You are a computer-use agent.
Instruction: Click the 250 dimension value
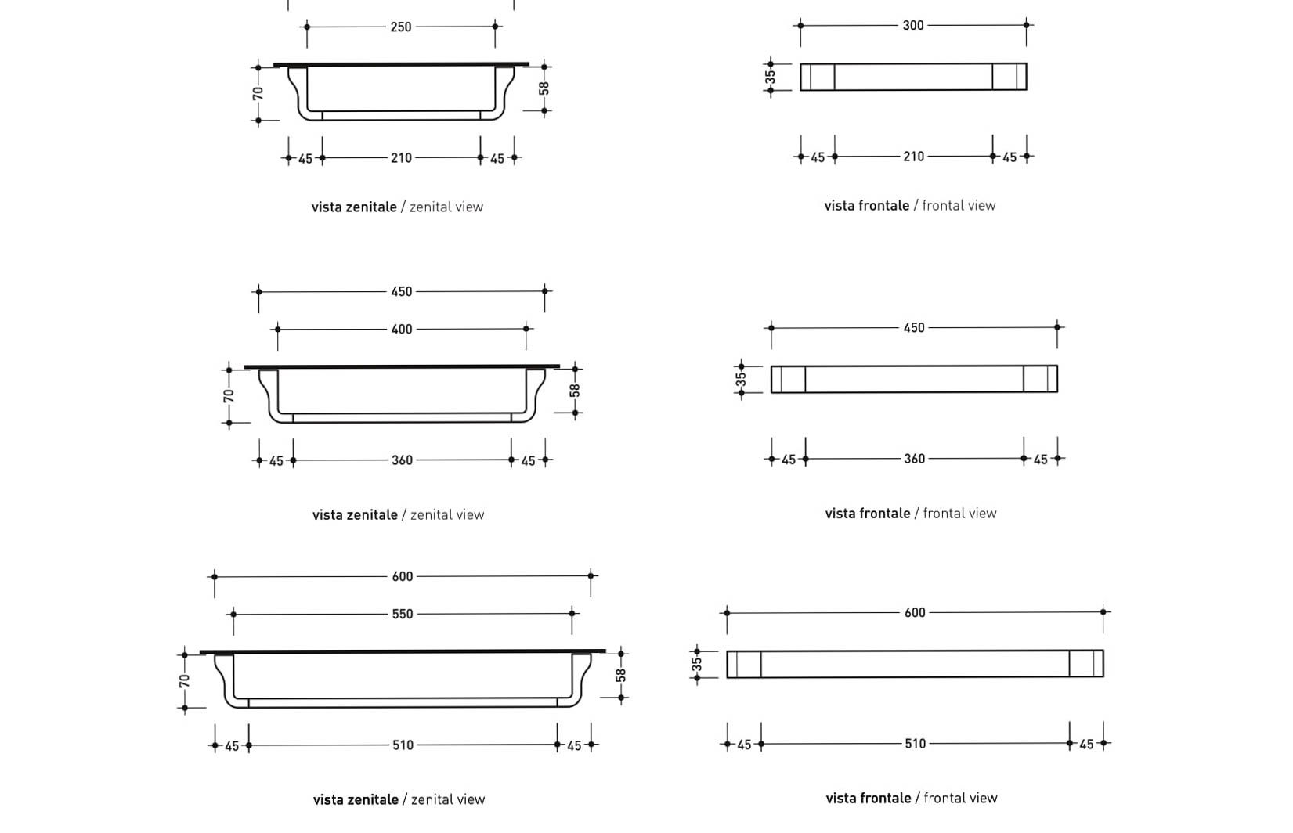click(400, 27)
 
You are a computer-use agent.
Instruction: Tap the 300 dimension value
click(912, 26)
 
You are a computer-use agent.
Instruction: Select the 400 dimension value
click(401, 330)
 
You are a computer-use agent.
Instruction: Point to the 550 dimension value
click(402, 615)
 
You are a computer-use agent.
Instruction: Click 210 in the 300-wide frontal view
click(913, 157)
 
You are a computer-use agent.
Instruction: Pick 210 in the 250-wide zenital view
click(401, 158)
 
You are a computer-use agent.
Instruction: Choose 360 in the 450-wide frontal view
click(914, 459)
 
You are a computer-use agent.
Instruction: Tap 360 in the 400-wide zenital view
click(402, 460)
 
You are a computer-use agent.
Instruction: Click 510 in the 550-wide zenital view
click(403, 745)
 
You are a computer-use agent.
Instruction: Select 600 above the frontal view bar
click(915, 613)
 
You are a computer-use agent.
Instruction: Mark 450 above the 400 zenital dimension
click(401, 292)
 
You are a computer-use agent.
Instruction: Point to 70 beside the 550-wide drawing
click(184, 681)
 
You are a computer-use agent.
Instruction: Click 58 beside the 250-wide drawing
click(544, 88)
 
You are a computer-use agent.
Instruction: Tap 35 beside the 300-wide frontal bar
click(770, 78)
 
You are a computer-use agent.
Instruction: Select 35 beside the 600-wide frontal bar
click(696, 665)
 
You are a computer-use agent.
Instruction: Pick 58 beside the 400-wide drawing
click(575, 390)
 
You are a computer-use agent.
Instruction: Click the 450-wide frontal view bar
click(914, 380)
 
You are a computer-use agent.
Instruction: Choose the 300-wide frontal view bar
click(913, 78)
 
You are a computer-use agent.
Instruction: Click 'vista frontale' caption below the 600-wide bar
click(867, 799)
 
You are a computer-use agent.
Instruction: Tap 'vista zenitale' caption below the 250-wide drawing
click(354, 207)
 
